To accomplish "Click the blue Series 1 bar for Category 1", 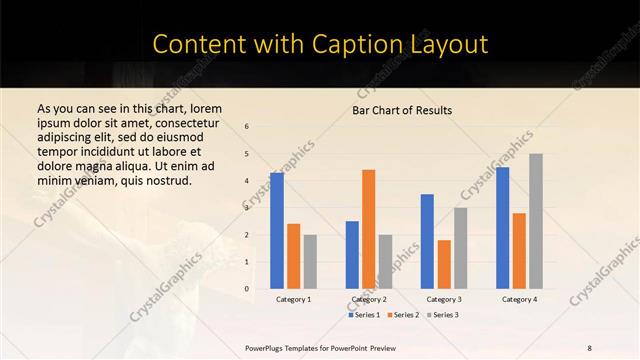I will pos(277,231).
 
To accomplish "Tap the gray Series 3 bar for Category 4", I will pos(536,221).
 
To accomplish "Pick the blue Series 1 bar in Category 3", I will pos(427,241).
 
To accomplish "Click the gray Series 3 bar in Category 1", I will pos(310,262).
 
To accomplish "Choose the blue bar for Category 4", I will pos(502,228).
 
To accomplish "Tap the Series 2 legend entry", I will pos(403,315).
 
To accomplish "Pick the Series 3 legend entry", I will pos(441,315).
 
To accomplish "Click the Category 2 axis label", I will pos(369,299).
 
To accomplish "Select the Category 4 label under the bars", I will pos(519,299).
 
